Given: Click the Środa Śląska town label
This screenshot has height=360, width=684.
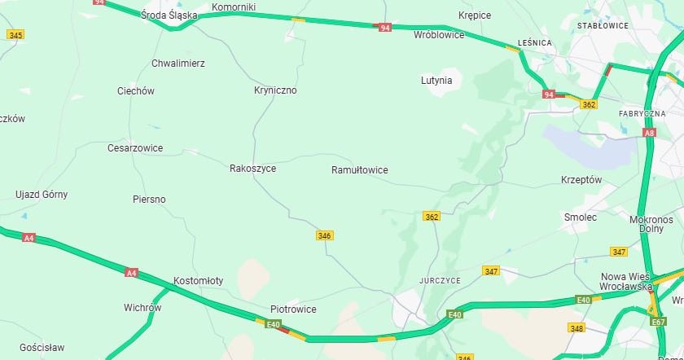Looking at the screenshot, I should click(x=169, y=15).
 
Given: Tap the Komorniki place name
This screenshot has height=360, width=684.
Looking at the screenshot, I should click(x=234, y=7).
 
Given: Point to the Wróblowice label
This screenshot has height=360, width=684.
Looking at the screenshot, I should click(x=439, y=35).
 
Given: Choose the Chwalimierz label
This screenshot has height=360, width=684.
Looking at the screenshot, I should click(x=178, y=63).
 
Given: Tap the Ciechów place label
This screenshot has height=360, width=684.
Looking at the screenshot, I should click(x=135, y=91).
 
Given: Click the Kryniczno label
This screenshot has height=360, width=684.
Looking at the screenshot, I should click(x=275, y=90).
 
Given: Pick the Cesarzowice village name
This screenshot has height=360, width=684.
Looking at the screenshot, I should click(x=135, y=148).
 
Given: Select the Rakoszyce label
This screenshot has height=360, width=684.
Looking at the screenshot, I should click(x=252, y=169).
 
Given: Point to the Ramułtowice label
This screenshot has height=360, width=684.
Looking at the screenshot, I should click(x=359, y=170).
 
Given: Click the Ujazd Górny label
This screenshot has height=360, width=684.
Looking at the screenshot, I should click(x=42, y=195).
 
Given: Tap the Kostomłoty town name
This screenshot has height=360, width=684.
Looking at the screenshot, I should click(x=198, y=281).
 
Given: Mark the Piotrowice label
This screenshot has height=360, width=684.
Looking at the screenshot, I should click(x=293, y=310).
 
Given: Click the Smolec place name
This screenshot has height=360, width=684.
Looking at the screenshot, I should click(x=581, y=217).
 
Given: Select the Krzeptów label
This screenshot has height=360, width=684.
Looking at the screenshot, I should click(x=581, y=179).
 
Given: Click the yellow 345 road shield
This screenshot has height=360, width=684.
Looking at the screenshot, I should click(x=15, y=34).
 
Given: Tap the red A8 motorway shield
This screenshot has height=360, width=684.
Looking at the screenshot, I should click(x=649, y=132).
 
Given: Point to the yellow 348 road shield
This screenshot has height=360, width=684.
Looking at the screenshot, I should click(x=577, y=328).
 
